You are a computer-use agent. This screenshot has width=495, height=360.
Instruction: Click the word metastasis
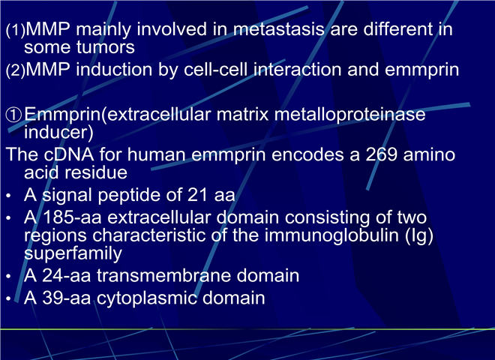[x=279, y=29]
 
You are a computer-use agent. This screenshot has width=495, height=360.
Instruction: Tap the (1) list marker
[x=15, y=30]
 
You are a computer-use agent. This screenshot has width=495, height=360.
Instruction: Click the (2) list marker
[x=15, y=70]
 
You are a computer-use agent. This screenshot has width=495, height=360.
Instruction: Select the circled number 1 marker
[x=14, y=115]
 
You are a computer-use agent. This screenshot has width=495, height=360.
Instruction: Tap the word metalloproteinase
[x=349, y=114]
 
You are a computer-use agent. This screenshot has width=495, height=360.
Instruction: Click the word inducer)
[x=58, y=132]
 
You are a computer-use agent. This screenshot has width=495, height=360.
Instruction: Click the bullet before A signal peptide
[x=8, y=196]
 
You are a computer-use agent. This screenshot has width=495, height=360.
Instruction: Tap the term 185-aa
[x=72, y=217]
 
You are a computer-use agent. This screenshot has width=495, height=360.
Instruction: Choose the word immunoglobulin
[x=331, y=236]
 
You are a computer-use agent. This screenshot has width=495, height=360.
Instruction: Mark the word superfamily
[x=73, y=253]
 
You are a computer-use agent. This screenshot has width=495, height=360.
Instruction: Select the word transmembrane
[x=163, y=275]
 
